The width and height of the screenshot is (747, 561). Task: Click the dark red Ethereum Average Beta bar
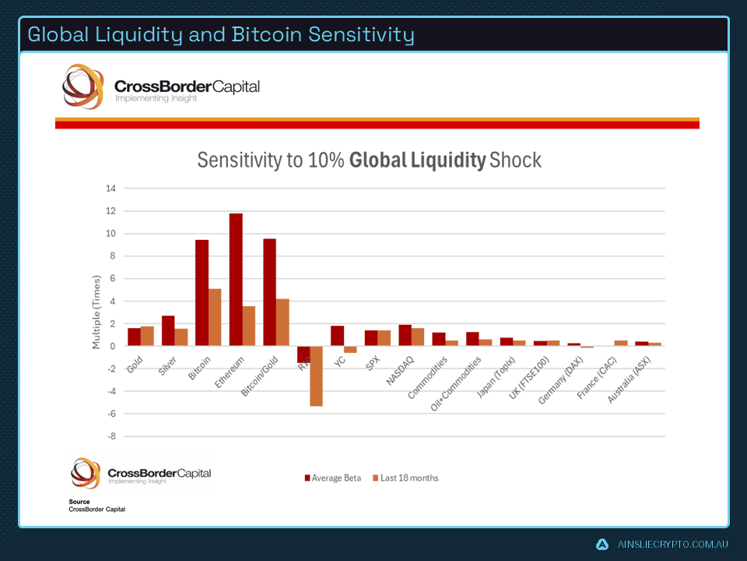click(x=236, y=280)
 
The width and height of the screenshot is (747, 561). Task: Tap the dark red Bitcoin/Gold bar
click(x=269, y=292)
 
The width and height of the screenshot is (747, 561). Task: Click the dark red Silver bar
click(x=168, y=331)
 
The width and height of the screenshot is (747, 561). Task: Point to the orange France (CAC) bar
click(x=621, y=343)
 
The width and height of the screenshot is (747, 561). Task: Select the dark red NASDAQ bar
click(x=405, y=335)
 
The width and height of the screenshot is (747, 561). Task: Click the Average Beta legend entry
click(x=332, y=478)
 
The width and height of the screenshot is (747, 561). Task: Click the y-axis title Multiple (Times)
click(x=96, y=312)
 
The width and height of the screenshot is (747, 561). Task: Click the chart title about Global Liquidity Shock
click(x=369, y=161)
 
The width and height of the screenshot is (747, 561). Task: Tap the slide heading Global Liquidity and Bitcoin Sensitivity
click(x=221, y=35)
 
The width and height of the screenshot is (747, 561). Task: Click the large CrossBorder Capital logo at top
click(x=161, y=88)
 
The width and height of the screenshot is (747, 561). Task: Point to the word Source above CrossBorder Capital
click(x=79, y=502)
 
